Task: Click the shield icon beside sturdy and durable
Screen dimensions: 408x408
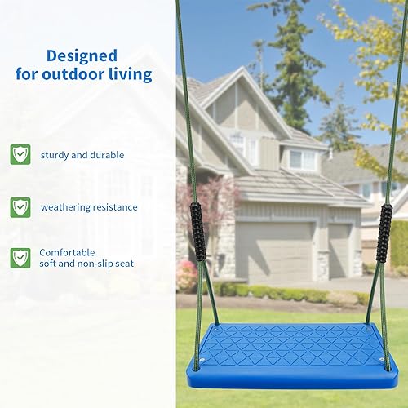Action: pos(20,154)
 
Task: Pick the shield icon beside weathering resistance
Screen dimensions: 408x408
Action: pos(20,206)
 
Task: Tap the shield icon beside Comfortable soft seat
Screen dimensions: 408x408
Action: pos(20,258)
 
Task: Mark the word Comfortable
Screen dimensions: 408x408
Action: pos(68,253)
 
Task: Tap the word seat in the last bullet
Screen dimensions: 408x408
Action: pos(125,264)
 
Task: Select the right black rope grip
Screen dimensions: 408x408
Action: pos(384,232)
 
